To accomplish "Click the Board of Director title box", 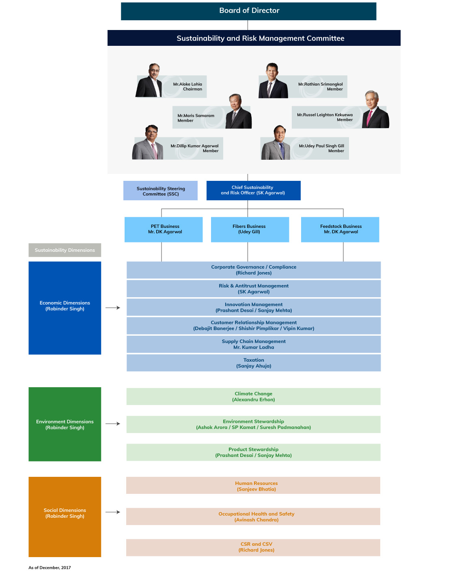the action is [248, 11].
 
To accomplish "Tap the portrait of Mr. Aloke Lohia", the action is [149, 80].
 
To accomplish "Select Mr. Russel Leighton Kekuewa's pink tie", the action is [369, 118].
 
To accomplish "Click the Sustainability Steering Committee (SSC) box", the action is [160, 191].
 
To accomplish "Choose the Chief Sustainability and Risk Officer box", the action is [253, 191].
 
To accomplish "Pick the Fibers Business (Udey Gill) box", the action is [250, 229].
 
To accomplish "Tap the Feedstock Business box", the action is [340, 229].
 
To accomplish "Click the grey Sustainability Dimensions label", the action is [65, 250].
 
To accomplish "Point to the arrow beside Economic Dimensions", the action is [113, 308].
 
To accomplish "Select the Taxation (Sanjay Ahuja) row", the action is [254, 363].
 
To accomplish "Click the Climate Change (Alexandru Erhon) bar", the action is [253, 397].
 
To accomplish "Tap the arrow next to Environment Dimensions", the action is [113, 424].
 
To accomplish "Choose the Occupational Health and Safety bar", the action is [253, 517].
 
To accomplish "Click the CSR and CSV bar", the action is [253, 547].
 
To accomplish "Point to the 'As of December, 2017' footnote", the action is [50, 568].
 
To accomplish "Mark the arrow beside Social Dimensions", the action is [113, 512].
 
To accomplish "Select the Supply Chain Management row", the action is [254, 344].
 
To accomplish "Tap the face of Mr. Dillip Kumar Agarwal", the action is [152, 132].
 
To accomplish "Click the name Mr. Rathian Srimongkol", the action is [321, 84].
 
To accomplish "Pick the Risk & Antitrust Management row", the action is [254, 289].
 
